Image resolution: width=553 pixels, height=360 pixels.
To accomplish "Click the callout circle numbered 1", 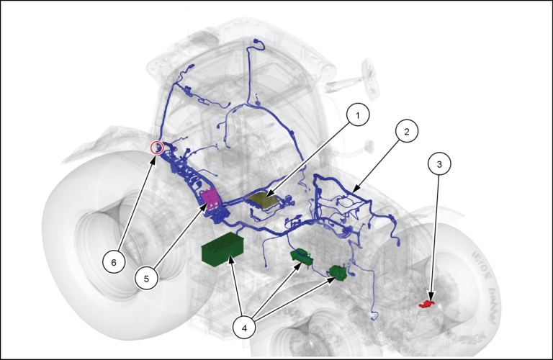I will tap(358, 114).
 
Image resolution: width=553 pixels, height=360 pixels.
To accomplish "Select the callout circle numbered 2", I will tap(406, 132).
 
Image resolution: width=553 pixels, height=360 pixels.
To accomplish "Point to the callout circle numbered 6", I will tap(112, 262).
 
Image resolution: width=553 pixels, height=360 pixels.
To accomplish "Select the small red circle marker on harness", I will tap(156, 148).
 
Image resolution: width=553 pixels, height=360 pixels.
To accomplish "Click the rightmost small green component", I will tap(337, 272).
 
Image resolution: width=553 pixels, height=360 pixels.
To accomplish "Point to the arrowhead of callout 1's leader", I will tap(266, 197).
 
